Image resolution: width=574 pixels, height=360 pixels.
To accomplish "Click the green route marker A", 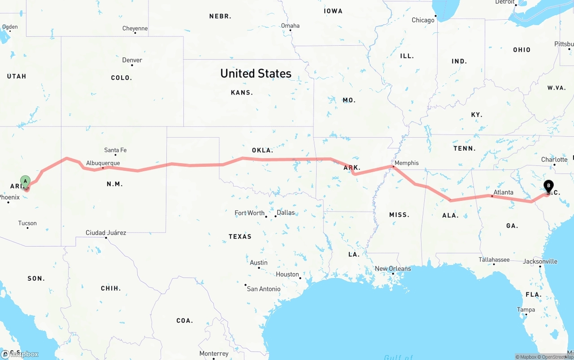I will tap(26, 182).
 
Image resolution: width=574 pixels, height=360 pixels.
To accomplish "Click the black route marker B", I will tap(548, 186).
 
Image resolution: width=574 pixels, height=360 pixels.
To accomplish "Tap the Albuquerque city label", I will tap(103, 163).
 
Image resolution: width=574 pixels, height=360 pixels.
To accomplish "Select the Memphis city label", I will tap(406, 163).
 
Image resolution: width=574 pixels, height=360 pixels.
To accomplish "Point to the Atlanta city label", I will tap(503, 192).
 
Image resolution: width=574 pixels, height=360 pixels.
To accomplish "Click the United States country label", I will tap(256, 74).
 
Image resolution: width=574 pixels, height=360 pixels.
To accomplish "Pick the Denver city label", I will tap(132, 60).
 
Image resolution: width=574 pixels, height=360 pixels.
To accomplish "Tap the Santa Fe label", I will tap(115, 150).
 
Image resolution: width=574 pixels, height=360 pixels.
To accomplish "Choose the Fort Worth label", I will tap(249, 213).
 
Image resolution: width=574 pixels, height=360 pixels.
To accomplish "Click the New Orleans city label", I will tap(393, 269).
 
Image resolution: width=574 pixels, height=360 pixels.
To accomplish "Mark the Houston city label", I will tap(287, 274).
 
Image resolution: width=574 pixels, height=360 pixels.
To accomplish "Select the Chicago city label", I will tap(423, 20).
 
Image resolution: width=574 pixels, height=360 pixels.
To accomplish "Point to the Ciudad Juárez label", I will tap(106, 233).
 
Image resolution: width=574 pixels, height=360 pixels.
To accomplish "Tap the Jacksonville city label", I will tap(540, 261).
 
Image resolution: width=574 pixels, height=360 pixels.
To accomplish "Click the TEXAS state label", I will tap(240, 236).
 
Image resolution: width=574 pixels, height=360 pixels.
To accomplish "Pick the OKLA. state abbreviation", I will tap(262, 150).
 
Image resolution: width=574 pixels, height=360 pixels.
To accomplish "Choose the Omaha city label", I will tap(290, 26).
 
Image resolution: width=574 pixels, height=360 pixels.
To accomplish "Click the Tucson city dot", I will tap(27, 228).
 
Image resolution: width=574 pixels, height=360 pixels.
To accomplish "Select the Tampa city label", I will tap(526, 310).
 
